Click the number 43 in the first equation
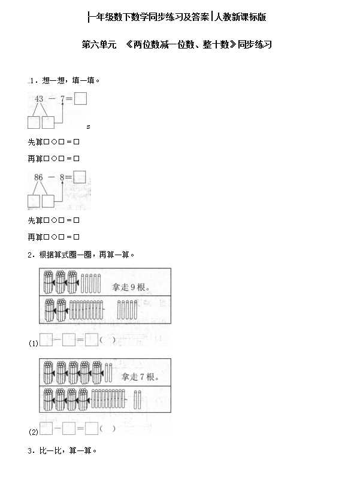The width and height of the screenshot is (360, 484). tap(39, 99)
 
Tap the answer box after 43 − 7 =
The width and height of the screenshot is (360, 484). tap(80, 98)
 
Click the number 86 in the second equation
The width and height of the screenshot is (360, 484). tap(38, 177)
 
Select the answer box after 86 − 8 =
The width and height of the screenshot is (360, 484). tap(80, 177)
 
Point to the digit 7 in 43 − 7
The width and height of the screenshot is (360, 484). tap(62, 99)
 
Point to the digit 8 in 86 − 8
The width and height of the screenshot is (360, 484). tap(62, 177)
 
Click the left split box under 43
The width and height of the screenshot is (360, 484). tap(34, 122)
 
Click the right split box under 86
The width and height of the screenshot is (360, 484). tap(48, 201)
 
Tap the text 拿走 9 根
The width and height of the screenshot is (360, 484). tap(131, 287)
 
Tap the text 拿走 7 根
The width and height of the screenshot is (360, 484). tap(140, 377)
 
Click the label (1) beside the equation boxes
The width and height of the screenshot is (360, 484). tap(34, 343)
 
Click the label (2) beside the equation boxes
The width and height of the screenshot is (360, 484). tap(34, 432)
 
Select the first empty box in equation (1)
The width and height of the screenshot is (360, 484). tap(46, 340)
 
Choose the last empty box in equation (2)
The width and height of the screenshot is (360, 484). tap(92, 428)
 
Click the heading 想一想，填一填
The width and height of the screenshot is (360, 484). tap(71, 80)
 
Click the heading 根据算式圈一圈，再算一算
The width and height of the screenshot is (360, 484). tap(86, 255)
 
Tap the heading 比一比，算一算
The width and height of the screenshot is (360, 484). tap(68, 450)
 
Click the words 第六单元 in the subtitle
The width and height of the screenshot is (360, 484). tap(99, 44)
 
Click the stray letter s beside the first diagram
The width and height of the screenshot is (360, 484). tap(88, 126)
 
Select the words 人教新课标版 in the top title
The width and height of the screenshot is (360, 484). tap(240, 17)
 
